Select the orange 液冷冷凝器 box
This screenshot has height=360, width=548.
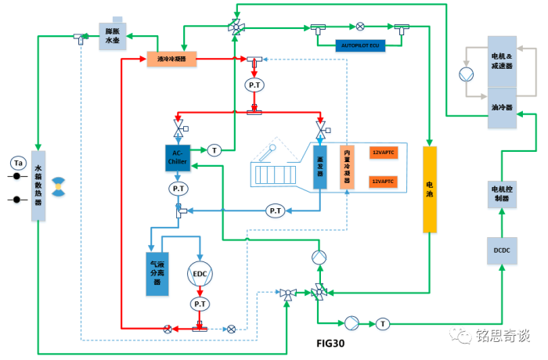tap(171, 59)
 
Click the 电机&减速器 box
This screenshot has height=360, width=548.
tap(501, 61)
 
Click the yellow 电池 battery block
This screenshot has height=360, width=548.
tap(429, 189)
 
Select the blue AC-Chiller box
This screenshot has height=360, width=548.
tap(177, 158)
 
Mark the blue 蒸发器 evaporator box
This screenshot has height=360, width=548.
tap(320, 166)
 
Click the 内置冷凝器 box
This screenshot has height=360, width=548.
tap(346, 166)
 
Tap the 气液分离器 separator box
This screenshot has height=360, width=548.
tap(158, 273)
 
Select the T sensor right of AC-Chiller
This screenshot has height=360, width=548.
tap(215, 149)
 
